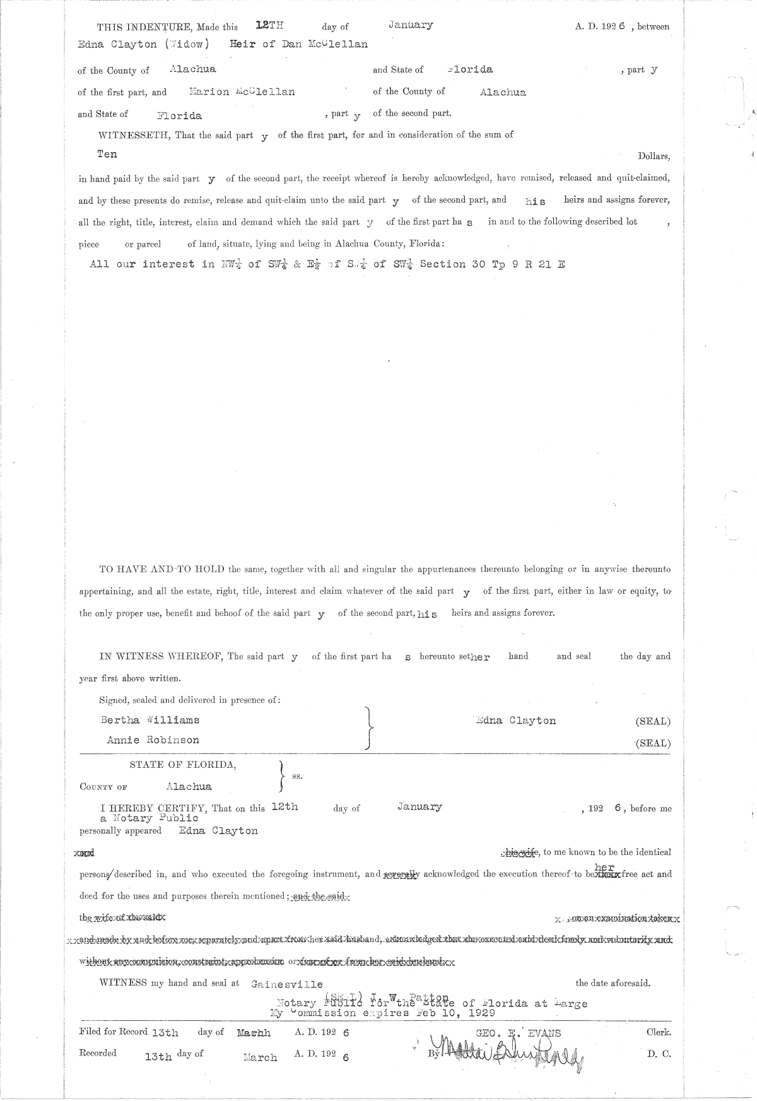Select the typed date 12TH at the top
pos(270,26)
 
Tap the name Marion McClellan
pos(242,91)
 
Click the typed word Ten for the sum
pos(107,154)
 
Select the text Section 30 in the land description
pos(452,264)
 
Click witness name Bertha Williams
pos(150,720)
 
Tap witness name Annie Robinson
pos(153,740)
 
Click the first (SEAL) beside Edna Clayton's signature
pos(653,721)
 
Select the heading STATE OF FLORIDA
pos(183,765)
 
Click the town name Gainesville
pos(287,984)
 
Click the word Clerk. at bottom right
pos(659,1033)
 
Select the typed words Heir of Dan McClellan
pos(300,45)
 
